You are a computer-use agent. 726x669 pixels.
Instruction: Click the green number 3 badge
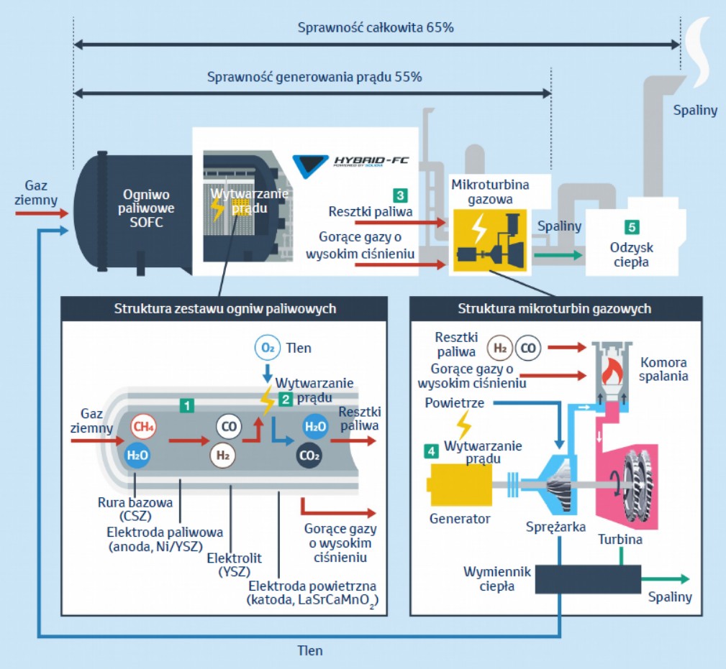pyautogui.click(x=399, y=195)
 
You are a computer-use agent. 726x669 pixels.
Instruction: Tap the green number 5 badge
pyautogui.click(x=631, y=227)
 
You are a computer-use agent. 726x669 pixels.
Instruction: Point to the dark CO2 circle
pyautogui.click(x=309, y=455)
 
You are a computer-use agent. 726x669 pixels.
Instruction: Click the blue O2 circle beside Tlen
pyautogui.click(x=266, y=349)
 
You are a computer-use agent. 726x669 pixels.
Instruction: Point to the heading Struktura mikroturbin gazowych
pyautogui.click(x=555, y=309)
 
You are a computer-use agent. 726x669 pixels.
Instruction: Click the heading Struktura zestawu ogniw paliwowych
pyautogui.click(x=224, y=309)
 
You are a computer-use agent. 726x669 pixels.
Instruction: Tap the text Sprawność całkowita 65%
pyautogui.click(x=376, y=28)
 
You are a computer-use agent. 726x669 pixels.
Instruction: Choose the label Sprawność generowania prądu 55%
pyautogui.click(x=314, y=77)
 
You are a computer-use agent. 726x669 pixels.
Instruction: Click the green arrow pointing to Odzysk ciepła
pyautogui.click(x=558, y=254)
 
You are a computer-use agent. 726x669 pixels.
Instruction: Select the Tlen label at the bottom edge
pyautogui.click(x=310, y=650)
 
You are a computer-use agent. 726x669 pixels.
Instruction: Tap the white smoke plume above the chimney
pyautogui.click(x=699, y=43)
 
